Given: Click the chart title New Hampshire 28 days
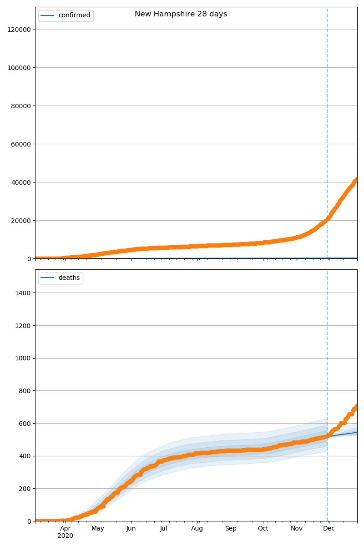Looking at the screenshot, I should pos(181,14).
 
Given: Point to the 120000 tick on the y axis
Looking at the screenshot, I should pos(19,30).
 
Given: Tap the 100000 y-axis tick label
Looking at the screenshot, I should pos(19,68).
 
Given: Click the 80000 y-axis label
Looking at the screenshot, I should pos(21,106).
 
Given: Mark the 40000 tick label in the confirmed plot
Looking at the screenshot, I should pos(21,182).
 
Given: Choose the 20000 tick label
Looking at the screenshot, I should pos(21,221).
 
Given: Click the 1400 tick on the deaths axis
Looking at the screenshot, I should pos(23,293).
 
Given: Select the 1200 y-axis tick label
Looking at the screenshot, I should pos(23,326).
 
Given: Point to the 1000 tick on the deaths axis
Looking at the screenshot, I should pos(23,358).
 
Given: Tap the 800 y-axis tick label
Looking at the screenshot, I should pos(25,391).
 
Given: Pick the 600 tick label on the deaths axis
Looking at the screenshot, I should pos(25,424).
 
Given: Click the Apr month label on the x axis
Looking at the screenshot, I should pos(65,529).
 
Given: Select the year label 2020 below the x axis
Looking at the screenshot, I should pos(65,536).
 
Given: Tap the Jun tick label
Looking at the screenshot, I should pos(131,529).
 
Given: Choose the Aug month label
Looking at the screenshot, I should pos(197,529).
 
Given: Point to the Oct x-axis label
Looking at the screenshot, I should pos(263,529).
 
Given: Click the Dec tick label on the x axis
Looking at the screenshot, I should pos(329,529).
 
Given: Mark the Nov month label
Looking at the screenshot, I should pos(297,529).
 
